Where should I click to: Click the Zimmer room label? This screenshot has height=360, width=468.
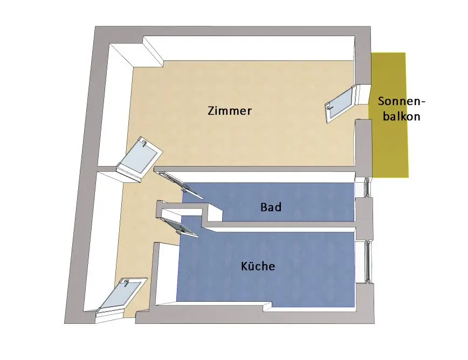tap(230, 112)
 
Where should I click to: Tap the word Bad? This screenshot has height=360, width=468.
tap(271, 207)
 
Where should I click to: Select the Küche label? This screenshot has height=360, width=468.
tap(258, 266)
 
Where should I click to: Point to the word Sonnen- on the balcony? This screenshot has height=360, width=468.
tap(402, 101)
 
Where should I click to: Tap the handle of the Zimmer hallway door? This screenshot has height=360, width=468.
tap(144, 142)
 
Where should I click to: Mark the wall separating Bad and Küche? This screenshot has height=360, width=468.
tap(280, 226)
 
